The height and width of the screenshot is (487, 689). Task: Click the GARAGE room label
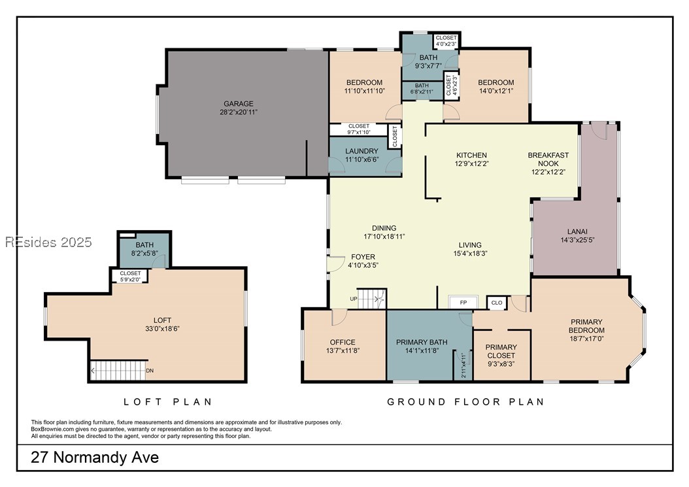(239, 104)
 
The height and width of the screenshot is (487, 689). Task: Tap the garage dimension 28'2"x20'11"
(239, 112)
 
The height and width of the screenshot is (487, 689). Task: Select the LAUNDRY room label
(361, 151)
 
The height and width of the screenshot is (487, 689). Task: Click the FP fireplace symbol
(463, 303)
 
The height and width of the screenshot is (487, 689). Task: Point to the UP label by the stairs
(354, 299)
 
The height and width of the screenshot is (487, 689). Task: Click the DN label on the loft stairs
(150, 371)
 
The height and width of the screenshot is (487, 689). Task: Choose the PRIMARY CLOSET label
(501, 351)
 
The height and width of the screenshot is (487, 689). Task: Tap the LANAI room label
(577, 231)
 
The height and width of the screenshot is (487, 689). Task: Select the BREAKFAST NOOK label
(548, 159)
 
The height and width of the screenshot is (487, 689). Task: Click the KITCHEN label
(471, 155)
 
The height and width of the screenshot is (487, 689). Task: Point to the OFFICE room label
(343, 343)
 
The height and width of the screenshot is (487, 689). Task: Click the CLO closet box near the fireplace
(497, 303)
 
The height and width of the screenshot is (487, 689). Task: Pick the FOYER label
(363, 257)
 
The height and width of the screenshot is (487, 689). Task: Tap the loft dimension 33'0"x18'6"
(163, 329)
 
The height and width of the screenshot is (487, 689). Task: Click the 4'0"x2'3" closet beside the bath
(446, 41)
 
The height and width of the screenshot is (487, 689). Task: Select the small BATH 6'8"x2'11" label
(422, 89)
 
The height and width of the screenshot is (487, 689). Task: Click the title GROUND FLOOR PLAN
(466, 402)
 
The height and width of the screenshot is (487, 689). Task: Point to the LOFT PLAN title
(168, 402)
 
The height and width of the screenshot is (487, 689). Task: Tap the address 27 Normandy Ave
(95, 458)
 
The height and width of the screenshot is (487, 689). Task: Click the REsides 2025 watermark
(48, 242)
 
